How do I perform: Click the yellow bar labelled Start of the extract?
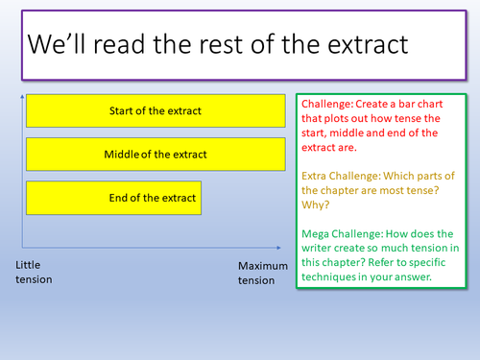[x=156, y=110]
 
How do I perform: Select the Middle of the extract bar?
[x=156, y=154]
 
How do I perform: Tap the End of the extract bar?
[x=114, y=198]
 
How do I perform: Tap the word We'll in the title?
[x=59, y=46]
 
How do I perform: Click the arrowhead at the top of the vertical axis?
[x=21, y=96]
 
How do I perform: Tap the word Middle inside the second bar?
[x=120, y=154]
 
